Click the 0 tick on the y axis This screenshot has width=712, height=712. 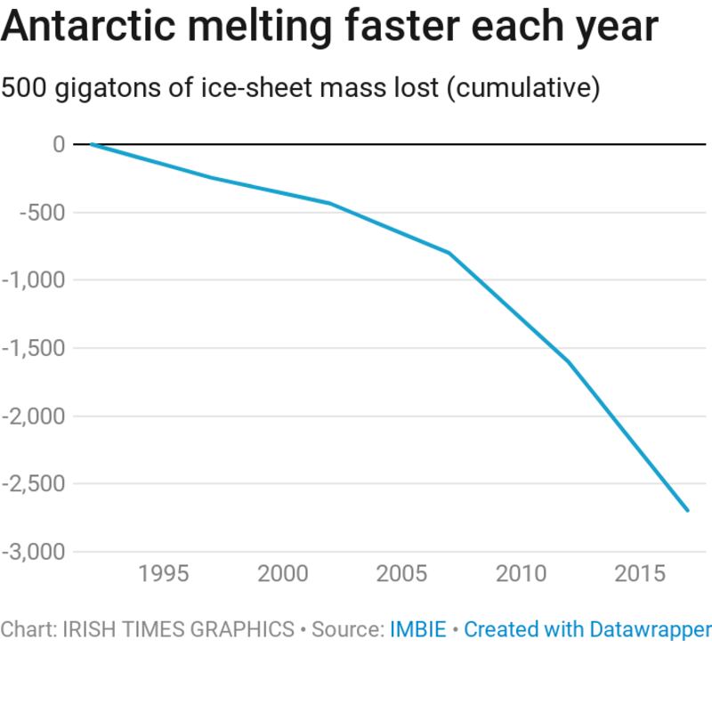(x=59, y=144)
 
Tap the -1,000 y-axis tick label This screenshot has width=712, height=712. (x=34, y=280)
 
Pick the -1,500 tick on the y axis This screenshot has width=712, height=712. (x=34, y=348)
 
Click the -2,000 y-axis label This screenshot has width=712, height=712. (x=34, y=416)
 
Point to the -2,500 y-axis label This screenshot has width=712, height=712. (x=34, y=484)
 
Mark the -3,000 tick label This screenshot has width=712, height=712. (x=34, y=552)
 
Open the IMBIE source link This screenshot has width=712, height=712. (x=418, y=630)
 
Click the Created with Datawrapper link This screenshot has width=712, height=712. (x=587, y=630)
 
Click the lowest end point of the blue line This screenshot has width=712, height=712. (x=687, y=510)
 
